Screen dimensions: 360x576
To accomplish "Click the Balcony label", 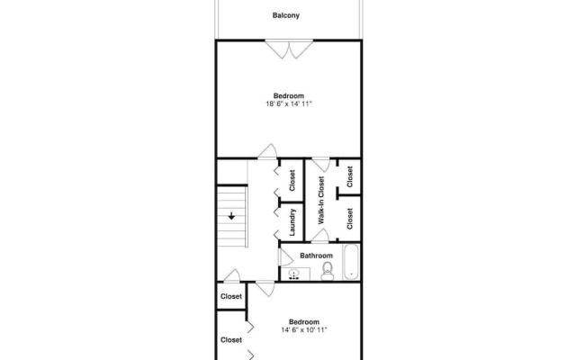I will click(286, 15).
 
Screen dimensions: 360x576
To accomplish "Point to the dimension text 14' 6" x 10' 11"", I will click(303, 330).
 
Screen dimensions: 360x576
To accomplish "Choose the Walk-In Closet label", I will click(321, 199).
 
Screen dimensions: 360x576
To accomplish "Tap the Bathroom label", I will click(316, 256).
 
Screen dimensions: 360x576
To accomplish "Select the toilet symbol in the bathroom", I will click(328, 270).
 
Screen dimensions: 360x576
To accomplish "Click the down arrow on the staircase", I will click(232, 216).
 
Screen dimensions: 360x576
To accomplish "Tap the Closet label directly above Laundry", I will click(292, 181).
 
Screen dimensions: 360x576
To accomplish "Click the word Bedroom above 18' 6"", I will click(288, 96).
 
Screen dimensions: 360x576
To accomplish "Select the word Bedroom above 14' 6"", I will click(303, 321).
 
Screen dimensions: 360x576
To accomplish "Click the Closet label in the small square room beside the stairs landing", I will click(231, 296).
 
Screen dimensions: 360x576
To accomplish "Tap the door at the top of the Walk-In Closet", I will click(319, 165).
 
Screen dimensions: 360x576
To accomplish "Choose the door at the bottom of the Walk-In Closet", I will click(319, 236).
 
